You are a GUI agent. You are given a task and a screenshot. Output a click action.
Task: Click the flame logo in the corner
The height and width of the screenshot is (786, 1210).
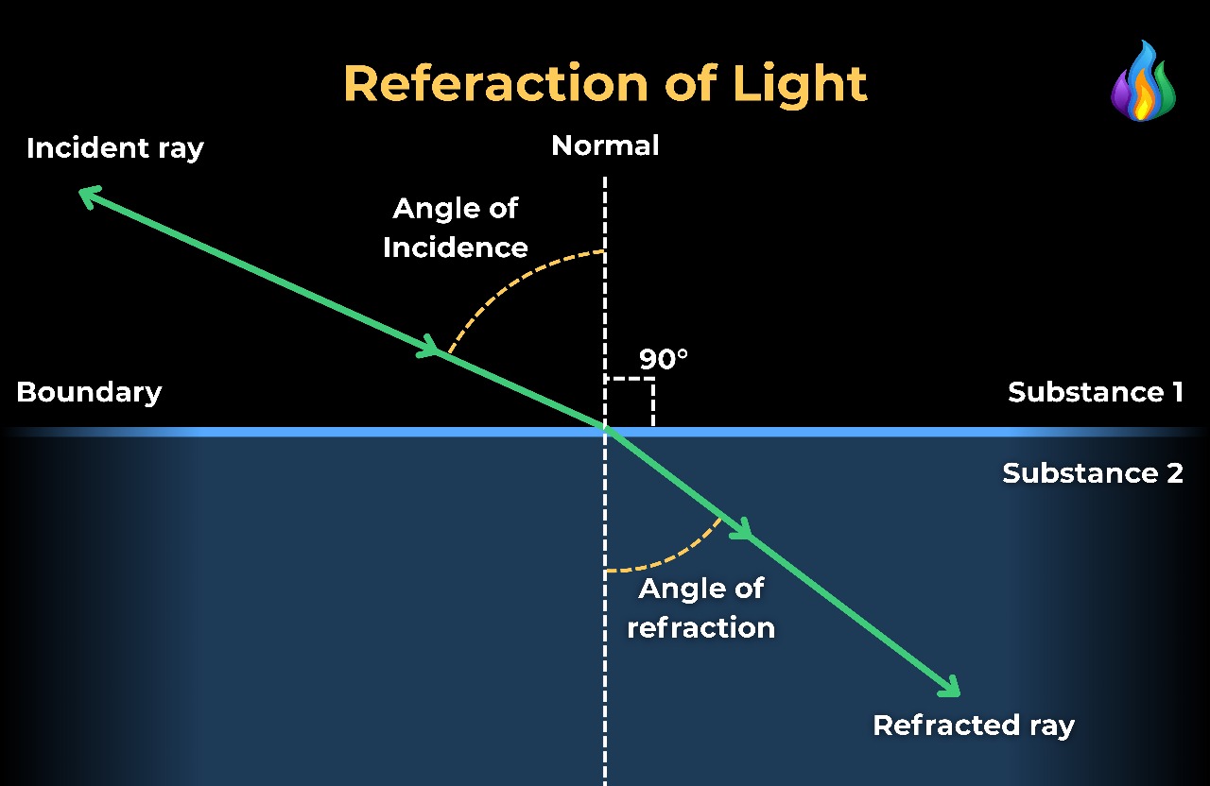(x=1143, y=82)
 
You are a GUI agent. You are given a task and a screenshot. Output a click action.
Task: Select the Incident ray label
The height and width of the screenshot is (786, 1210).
(x=115, y=148)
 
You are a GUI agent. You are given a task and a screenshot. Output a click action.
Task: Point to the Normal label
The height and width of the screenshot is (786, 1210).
(x=605, y=145)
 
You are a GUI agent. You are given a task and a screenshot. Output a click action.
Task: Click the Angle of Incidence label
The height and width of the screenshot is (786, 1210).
(x=456, y=228)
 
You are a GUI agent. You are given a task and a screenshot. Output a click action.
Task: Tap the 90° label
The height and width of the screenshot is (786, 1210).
(x=664, y=359)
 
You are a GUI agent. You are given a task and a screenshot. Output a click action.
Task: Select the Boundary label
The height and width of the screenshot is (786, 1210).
(x=89, y=392)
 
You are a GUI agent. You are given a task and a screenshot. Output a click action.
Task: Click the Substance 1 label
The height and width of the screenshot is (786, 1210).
(x=1095, y=392)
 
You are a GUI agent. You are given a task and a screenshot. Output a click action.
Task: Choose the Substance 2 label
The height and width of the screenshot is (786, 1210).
(x=1093, y=472)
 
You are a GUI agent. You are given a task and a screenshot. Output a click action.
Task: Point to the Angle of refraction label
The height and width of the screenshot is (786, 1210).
(x=701, y=607)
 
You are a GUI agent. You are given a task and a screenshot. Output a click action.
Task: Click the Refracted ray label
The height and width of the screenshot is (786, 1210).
(x=974, y=726)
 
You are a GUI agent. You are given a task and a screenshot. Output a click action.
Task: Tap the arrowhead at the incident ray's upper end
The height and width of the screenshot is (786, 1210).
(x=87, y=194)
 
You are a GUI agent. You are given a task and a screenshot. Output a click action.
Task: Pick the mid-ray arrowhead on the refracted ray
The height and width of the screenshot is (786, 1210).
(x=741, y=529)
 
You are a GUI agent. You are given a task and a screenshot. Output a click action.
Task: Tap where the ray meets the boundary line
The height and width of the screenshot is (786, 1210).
(x=605, y=431)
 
